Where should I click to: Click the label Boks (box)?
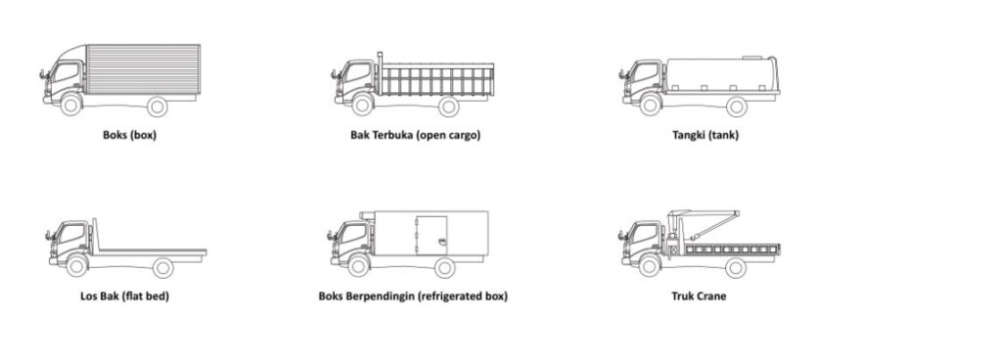click(129, 135)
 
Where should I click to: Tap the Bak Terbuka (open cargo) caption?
click(415, 135)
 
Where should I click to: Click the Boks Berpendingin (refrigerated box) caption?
click(413, 295)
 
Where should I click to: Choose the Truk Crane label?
click(698, 295)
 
